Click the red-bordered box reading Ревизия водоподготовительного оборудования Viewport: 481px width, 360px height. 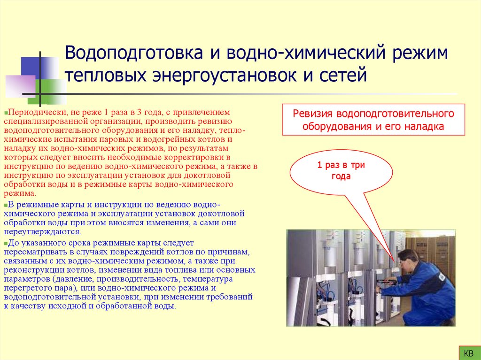(373, 120)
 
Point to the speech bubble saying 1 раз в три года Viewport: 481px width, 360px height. (341, 172)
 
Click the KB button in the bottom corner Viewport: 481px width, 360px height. (468, 352)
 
